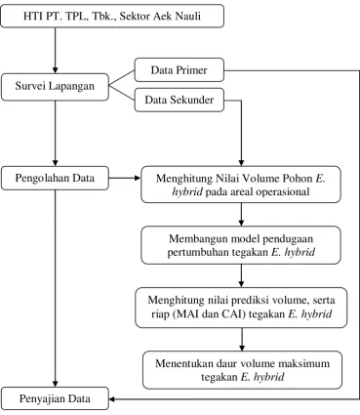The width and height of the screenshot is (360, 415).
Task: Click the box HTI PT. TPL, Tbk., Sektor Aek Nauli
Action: (112, 16)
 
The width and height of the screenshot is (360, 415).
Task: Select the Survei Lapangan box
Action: (55, 87)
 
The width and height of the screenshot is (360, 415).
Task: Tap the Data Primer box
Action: (180, 70)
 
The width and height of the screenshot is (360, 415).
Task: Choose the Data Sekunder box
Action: (180, 100)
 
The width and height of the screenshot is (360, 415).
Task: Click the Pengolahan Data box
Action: (55, 178)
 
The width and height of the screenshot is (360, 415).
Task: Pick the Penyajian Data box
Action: (55, 398)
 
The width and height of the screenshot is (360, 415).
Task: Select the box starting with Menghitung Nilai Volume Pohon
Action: (241, 185)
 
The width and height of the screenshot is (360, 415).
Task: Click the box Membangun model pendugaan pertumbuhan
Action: (241, 245)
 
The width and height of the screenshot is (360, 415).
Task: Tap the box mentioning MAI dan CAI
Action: (241, 308)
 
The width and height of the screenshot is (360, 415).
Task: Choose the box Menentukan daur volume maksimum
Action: (242, 370)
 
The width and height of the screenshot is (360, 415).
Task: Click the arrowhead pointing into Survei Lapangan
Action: (55, 70)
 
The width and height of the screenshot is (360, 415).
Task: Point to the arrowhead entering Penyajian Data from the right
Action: (112, 398)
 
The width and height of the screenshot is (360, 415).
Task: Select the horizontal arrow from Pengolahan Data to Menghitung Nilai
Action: (125, 178)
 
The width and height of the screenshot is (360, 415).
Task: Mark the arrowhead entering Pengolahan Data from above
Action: (55, 163)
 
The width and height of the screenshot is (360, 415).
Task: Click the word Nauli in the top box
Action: (188, 16)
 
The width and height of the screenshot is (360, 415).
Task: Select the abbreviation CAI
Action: (234, 314)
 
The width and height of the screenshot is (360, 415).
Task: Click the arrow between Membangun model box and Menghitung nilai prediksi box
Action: (241, 275)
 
